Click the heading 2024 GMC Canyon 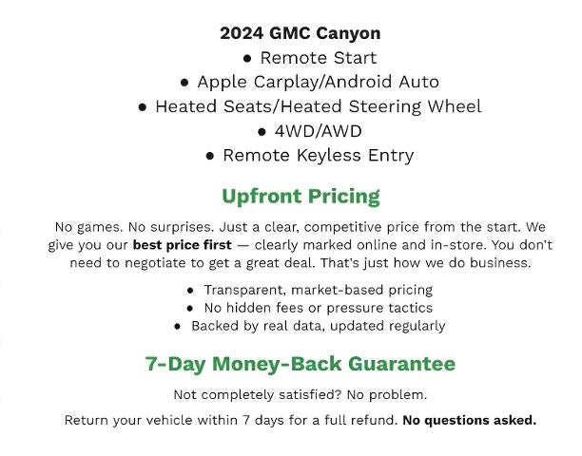[300, 33]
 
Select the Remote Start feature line [318, 58]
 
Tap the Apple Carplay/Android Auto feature [318, 83]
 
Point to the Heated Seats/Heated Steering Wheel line [318, 106]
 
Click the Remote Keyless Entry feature [318, 155]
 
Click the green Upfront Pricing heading [301, 197]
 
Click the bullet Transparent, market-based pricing [318, 290]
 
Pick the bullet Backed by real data [318, 326]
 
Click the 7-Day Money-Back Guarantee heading [301, 364]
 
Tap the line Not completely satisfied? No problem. [301, 394]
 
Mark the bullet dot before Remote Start [247, 59]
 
